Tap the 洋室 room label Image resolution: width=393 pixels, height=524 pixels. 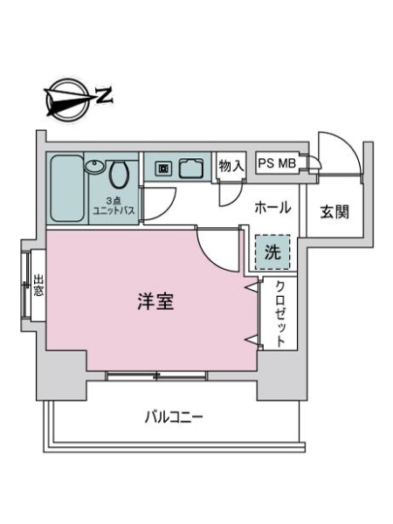click(x=156, y=303)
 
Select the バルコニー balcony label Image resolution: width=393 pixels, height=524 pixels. click(x=174, y=417)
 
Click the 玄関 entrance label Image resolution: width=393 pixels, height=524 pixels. click(x=335, y=212)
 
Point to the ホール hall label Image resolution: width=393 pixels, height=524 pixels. click(x=272, y=208)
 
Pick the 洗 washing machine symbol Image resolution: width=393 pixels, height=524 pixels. click(x=272, y=253)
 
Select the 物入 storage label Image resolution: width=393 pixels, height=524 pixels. click(x=230, y=164)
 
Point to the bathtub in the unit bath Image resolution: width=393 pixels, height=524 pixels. click(x=65, y=188)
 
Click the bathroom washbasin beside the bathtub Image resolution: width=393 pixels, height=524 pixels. click(x=93, y=167)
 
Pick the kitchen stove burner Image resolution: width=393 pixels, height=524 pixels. click(x=163, y=168)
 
